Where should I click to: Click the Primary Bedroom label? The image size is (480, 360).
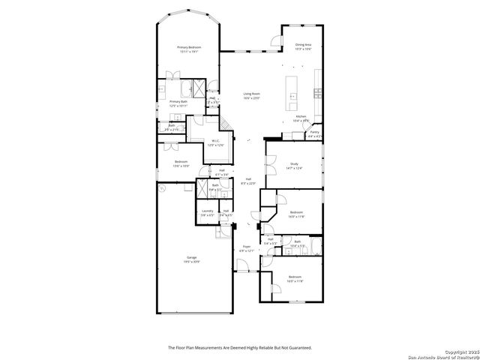tap(188, 47)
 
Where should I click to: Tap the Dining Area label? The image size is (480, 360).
tap(303, 45)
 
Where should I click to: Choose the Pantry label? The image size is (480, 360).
tap(314, 132)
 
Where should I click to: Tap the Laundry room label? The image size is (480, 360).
tap(208, 211)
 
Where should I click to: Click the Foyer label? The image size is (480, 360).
tap(246, 246)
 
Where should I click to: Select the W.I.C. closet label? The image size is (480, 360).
tap(214, 141)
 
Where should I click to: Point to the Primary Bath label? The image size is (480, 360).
tap(178, 101)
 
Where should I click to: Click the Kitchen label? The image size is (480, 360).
tap(300, 116)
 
